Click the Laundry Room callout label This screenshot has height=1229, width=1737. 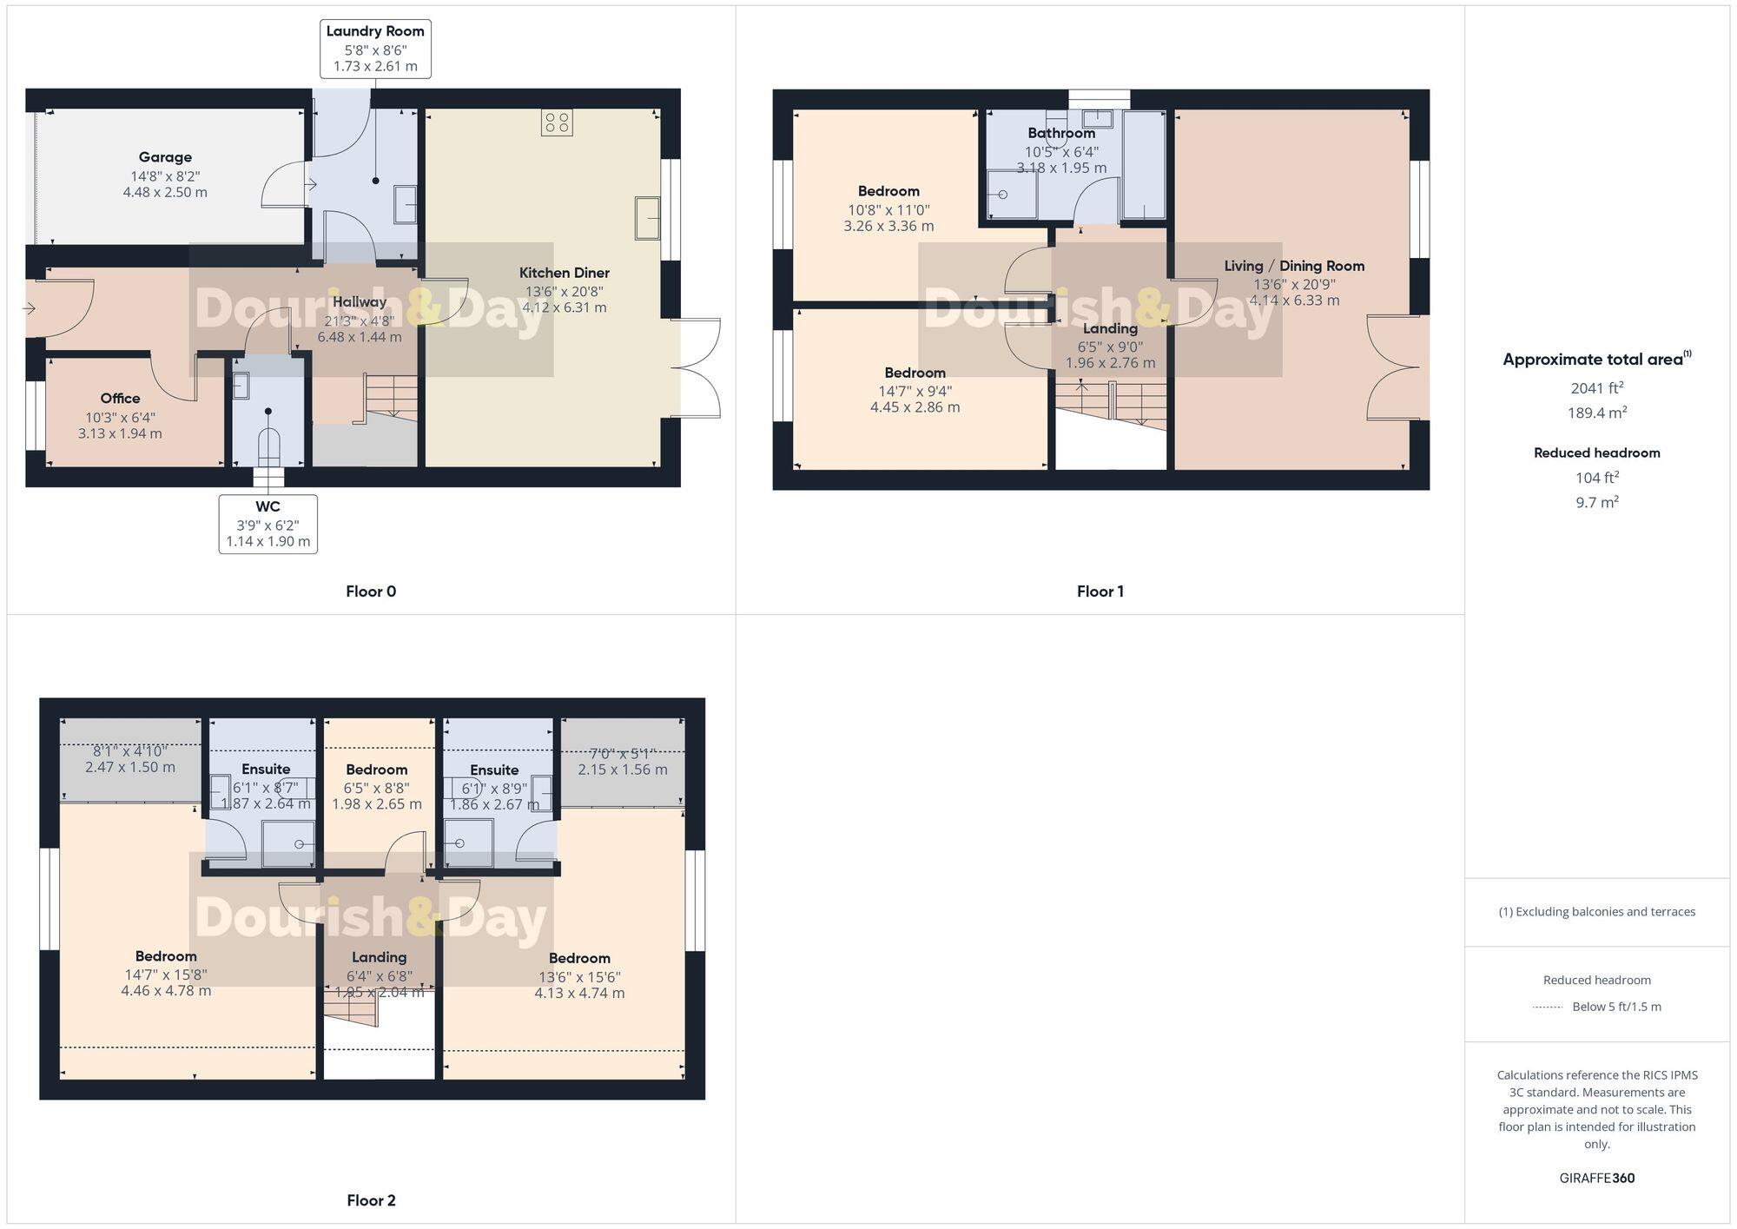pyautogui.click(x=375, y=49)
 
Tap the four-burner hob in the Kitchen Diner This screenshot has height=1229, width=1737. pyautogui.click(x=557, y=122)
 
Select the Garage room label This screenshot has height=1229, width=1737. pyautogui.click(x=165, y=157)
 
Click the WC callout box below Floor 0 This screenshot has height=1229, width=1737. pyautogui.click(x=267, y=524)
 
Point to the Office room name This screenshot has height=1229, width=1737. pyautogui.click(x=120, y=398)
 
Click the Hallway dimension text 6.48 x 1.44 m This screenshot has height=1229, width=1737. pyautogui.click(x=360, y=337)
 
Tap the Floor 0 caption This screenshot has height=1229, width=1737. pyautogui.click(x=371, y=591)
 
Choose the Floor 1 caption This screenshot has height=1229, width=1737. pyautogui.click(x=1100, y=591)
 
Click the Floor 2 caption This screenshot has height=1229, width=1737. pyautogui.click(x=371, y=1200)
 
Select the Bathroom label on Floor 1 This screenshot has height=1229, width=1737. pyautogui.click(x=1061, y=133)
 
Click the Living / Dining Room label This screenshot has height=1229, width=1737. pyautogui.click(x=1294, y=266)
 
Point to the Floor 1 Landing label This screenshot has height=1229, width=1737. pyautogui.click(x=1110, y=328)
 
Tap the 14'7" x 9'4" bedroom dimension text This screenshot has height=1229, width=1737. pyautogui.click(x=915, y=390)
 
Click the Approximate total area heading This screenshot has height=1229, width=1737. pyautogui.click(x=1596, y=360)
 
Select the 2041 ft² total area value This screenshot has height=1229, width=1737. pyautogui.click(x=1596, y=388)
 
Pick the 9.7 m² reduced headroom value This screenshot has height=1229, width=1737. pyautogui.click(x=1596, y=502)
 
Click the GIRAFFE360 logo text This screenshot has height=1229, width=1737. pyautogui.click(x=1596, y=1178)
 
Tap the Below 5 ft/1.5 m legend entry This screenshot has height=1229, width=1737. pyautogui.click(x=1615, y=1007)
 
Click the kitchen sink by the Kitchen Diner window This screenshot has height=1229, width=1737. pyautogui.click(x=647, y=217)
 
